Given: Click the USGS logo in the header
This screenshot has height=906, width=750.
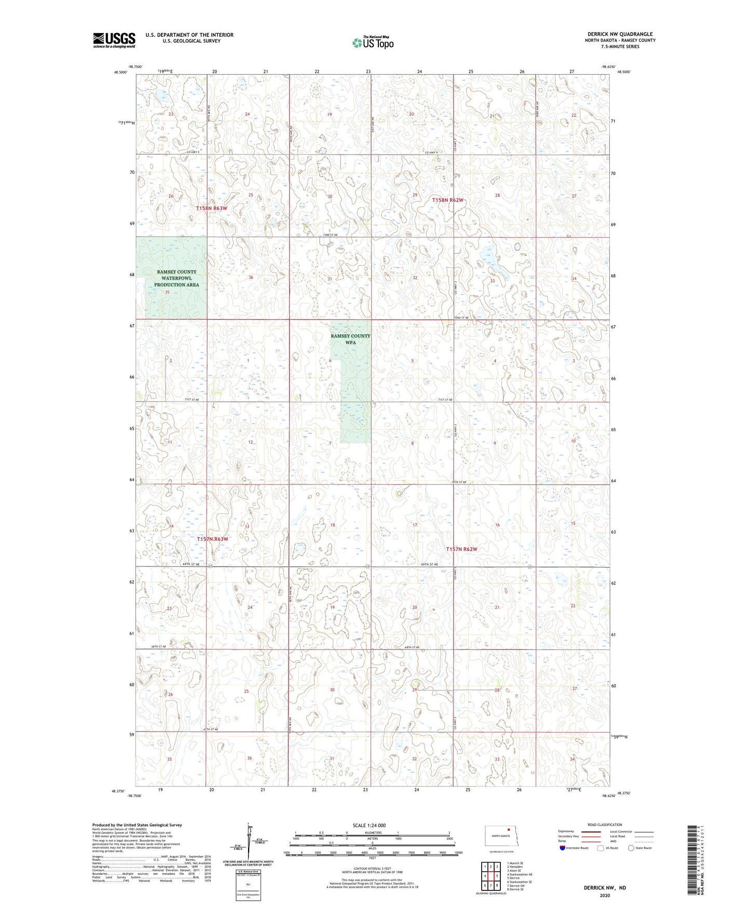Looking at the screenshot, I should point(114,40).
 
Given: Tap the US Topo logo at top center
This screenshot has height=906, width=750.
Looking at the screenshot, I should point(372,42).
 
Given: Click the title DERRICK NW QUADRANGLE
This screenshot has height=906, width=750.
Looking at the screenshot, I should point(620,34).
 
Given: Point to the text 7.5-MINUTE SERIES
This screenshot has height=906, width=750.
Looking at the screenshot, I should point(620,47).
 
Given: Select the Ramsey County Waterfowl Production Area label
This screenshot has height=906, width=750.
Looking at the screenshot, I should point(176,278).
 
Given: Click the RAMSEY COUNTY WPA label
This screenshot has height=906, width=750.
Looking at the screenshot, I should point(350,339).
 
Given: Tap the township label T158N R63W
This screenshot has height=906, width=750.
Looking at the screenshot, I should point(211,208).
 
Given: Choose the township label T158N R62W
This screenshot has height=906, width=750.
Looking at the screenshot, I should point(448,200).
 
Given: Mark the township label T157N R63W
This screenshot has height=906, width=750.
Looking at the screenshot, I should point(212,539).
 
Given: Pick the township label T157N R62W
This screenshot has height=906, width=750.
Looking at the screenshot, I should point(461,549).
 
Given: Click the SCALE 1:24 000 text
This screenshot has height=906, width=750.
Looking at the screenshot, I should point(369,825).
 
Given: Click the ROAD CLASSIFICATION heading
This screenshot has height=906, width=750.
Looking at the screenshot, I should point(605,825).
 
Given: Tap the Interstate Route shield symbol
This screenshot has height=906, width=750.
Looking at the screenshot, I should point(563,848).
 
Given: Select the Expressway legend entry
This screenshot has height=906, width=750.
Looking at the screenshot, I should point(566,831).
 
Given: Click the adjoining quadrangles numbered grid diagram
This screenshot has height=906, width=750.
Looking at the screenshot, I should point(490,876).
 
